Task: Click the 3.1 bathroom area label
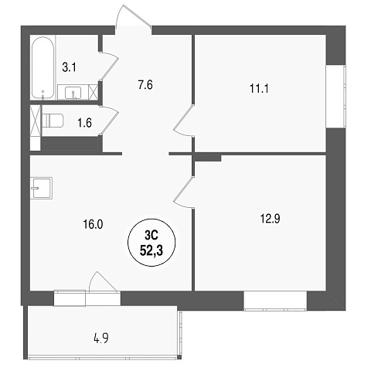click(70, 68)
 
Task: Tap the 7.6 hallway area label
click(145, 84)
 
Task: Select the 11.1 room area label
click(259, 89)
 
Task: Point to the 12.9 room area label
click(271, 219)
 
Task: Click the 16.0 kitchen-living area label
click(93, 224)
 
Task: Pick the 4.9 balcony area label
click(101, 338)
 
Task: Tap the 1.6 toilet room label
click(84, 123)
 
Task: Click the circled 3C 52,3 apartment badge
click(151, 243)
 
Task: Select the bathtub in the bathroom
click(43, 68)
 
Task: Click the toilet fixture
click(53, 121)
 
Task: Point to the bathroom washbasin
click(73, 93)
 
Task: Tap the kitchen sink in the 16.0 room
click(41, 188)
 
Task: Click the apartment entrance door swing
click(133, 16)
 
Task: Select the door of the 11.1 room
click(183, 121)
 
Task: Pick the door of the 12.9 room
click(183, 192)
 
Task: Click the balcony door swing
click(103, 282)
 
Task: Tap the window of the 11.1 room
click(335, 97)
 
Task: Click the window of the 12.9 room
click(275, 301)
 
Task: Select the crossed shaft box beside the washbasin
click(94, 92)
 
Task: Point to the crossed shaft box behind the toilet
click(36, 121)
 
